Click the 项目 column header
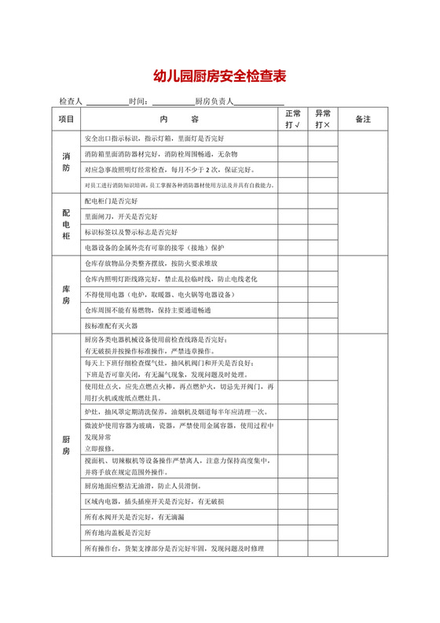[66, 119]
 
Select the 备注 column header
[362, 119]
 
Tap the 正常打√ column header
[292, 119]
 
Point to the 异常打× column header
[322, 119]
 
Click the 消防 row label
[66, 161]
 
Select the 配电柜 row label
[66, 224]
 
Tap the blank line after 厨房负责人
[259, 101]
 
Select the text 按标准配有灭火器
[111, 325]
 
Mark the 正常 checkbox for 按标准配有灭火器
[292, 325]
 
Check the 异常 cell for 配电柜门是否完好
[322, 201]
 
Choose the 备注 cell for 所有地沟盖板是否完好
[362, 533]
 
